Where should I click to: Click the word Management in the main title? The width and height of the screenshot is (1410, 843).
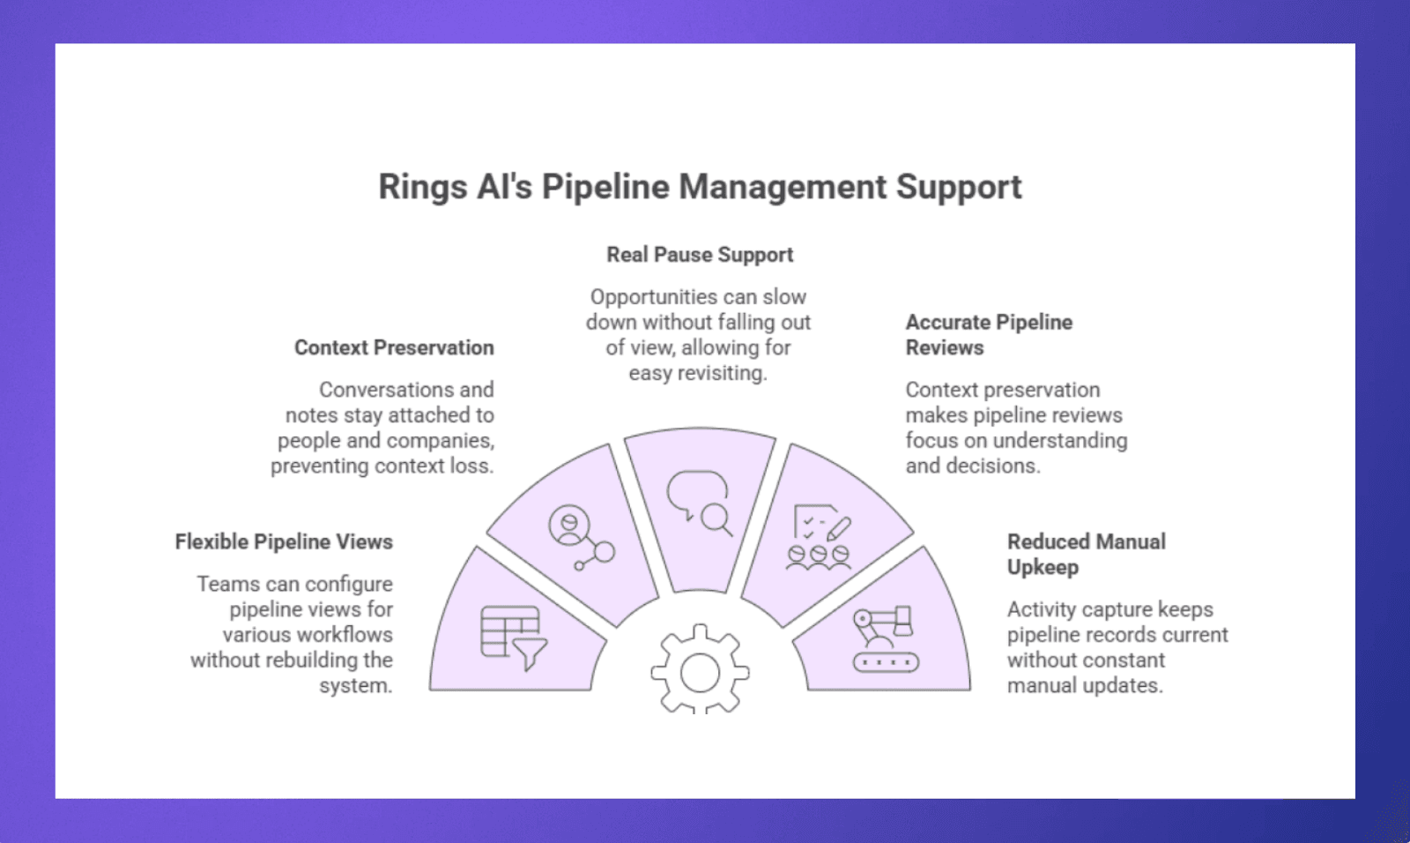783,188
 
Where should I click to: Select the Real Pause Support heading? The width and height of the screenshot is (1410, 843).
700,255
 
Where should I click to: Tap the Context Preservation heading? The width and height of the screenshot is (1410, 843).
394,347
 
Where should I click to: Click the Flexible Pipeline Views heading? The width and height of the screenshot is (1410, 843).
284,541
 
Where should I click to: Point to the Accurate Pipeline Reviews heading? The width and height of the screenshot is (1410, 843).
988,334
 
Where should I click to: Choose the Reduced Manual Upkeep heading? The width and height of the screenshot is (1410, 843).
1086,554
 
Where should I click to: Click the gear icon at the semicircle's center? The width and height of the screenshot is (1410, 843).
700,672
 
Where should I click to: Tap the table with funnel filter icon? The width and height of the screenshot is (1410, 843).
513,638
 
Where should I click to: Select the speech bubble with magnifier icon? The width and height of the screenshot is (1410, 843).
700,503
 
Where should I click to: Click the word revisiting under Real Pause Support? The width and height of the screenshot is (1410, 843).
722,373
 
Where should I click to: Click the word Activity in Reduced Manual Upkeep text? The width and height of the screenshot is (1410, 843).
1041,609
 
